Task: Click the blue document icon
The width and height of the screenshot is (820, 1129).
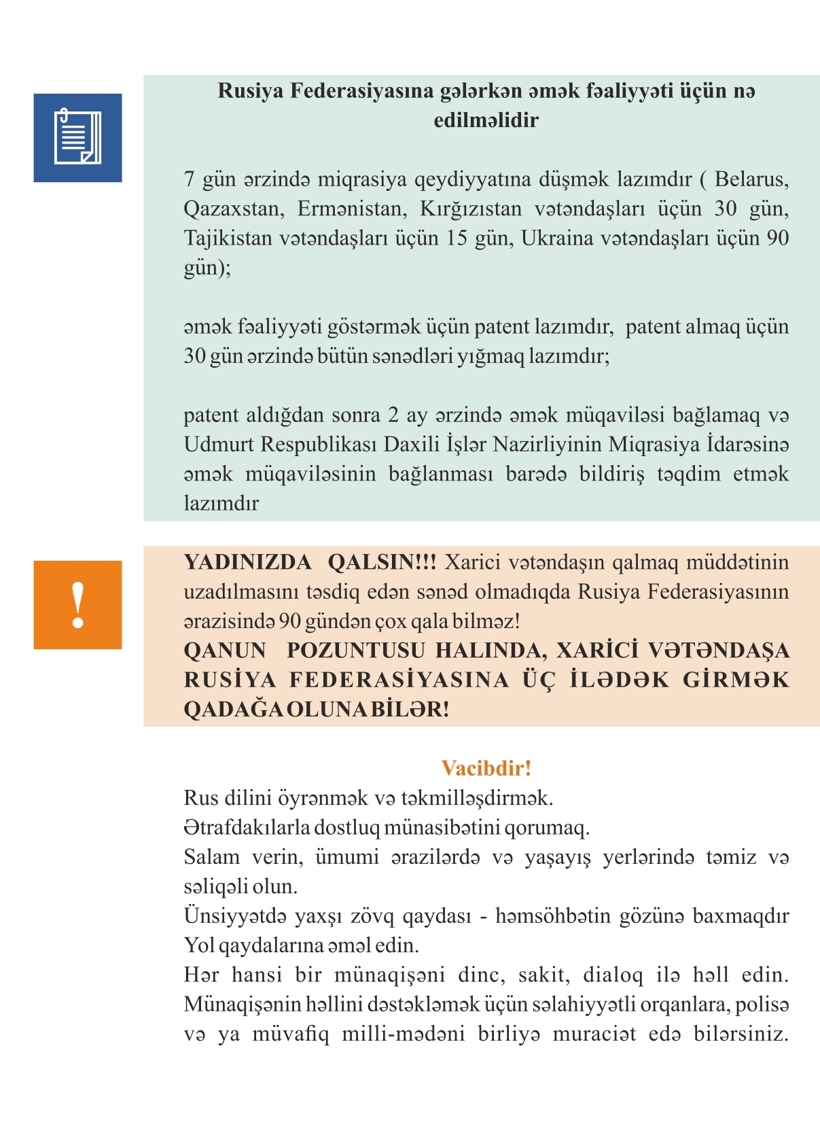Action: pyautogui.click(x=77, y=137)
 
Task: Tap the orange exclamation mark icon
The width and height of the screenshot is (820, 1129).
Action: pyautogui.click(x=77, y=604)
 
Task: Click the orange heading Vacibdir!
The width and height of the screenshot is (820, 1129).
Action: pyautogui.click(x=486, y=768)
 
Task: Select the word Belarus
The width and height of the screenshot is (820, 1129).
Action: pyautogui.click(x=751, y=179)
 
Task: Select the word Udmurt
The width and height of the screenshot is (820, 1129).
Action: pyautogui.click(x=219, y=445)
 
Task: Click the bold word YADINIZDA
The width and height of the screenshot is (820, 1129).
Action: pyautogui.click(x=247, y=562)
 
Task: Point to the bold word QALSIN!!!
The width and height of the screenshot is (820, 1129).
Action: pyautogui.click(x=382, y=562)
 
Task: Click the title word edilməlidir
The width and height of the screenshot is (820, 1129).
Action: pyautogui.click(x=486, y=120)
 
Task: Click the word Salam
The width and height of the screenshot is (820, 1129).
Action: pyautogui.click(x=211, y=857)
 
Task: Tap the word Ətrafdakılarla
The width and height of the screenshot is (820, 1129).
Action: pyautogui.click(x=247, y=828)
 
